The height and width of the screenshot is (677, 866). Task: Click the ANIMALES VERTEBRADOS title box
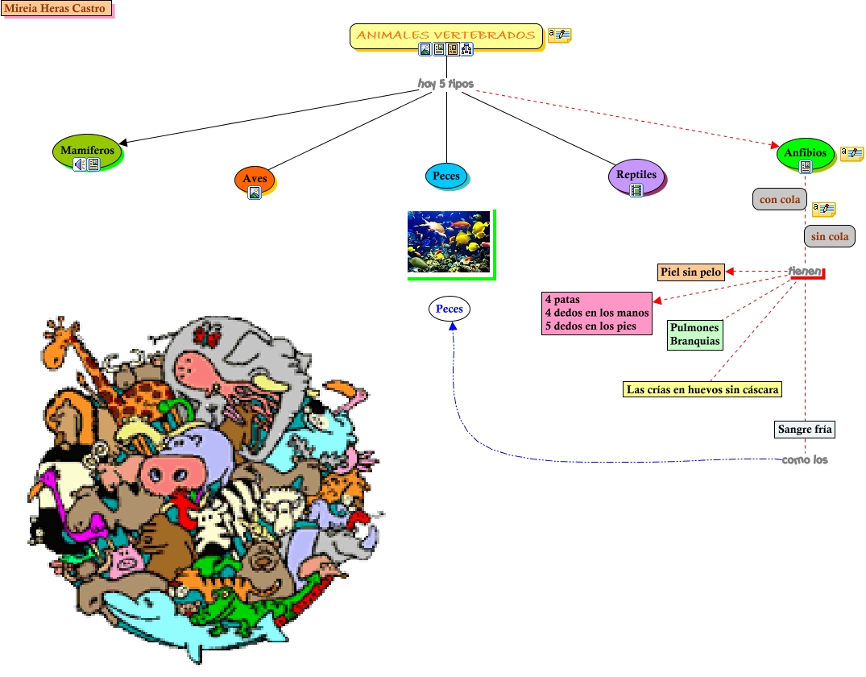pos(445,35)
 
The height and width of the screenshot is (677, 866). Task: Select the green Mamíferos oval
pos(87,150)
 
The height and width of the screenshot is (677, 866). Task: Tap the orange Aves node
pos(255,178)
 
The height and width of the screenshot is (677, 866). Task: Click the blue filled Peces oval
pos(446,176)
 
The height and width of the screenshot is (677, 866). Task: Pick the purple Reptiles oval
pos(636,174)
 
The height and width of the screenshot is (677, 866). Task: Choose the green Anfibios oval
pos(805,152)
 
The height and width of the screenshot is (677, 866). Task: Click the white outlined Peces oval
pos(449,309)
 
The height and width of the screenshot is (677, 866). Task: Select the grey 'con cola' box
pos(778,199)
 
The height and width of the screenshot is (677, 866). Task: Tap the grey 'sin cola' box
pos(829,236)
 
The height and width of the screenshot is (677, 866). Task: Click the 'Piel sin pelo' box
pos(691,272)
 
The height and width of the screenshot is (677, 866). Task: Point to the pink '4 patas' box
pos(596,313)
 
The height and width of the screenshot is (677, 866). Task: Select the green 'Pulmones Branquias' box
pos(694,334)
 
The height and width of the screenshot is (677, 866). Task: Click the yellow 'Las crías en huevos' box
pos(702,389)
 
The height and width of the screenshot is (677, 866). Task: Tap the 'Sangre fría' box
pos(805,429)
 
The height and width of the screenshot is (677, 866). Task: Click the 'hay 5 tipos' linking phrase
pos(445,84)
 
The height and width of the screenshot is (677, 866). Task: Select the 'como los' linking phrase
pos(804,460)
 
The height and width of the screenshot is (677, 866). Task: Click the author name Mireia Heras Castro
pos(56,9)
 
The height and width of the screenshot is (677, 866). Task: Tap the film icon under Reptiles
pos(636,190)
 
